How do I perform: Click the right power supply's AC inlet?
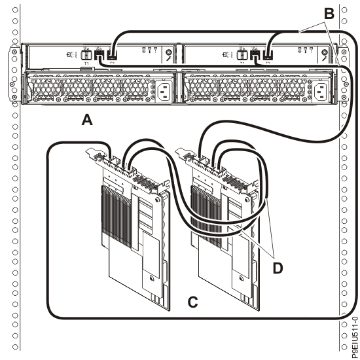323,93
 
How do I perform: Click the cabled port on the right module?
270,56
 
